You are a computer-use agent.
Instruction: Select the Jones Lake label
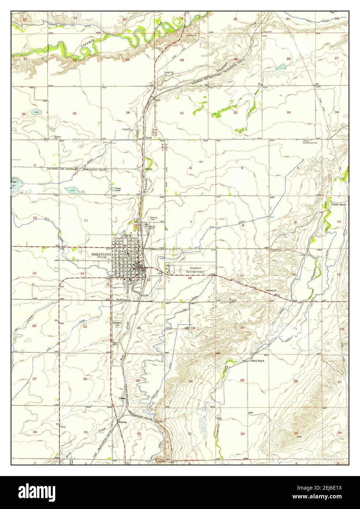(116, 189)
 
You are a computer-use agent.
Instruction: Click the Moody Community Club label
(310, 142)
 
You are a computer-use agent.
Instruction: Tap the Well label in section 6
(200, 161)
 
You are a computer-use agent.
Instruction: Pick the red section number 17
(241, 275)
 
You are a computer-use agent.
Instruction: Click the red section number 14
(82, 274)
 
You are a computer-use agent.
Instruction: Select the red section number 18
(190, 278)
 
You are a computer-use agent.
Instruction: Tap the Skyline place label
(149, 169)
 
